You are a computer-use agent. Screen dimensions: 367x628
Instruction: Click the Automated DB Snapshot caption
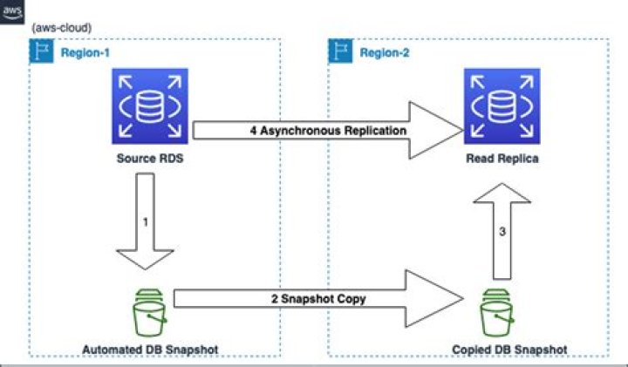pyautogui.click(x=149, y=350)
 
